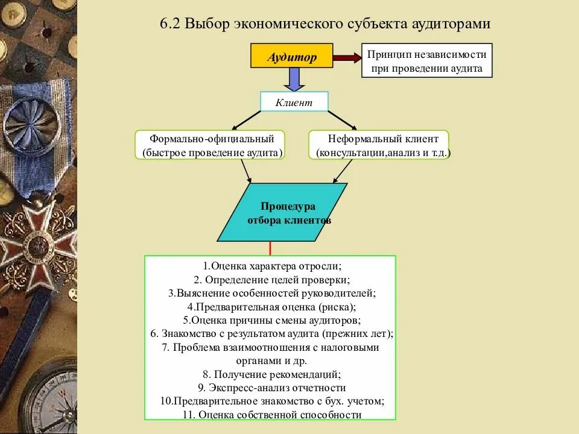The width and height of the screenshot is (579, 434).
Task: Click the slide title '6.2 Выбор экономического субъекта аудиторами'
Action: tap(325, 24)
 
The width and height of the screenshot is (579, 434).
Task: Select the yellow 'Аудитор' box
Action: tap(292, 58)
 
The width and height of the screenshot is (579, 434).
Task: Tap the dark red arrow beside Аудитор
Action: tap(347, 58)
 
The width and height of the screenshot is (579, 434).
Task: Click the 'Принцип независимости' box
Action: tap(427, 61)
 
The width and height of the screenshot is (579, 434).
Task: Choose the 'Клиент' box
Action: tap(294, 102)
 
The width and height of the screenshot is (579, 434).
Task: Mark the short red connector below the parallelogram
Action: tap(270, 248)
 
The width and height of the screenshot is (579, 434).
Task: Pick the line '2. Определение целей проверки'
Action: tap(272, 280)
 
